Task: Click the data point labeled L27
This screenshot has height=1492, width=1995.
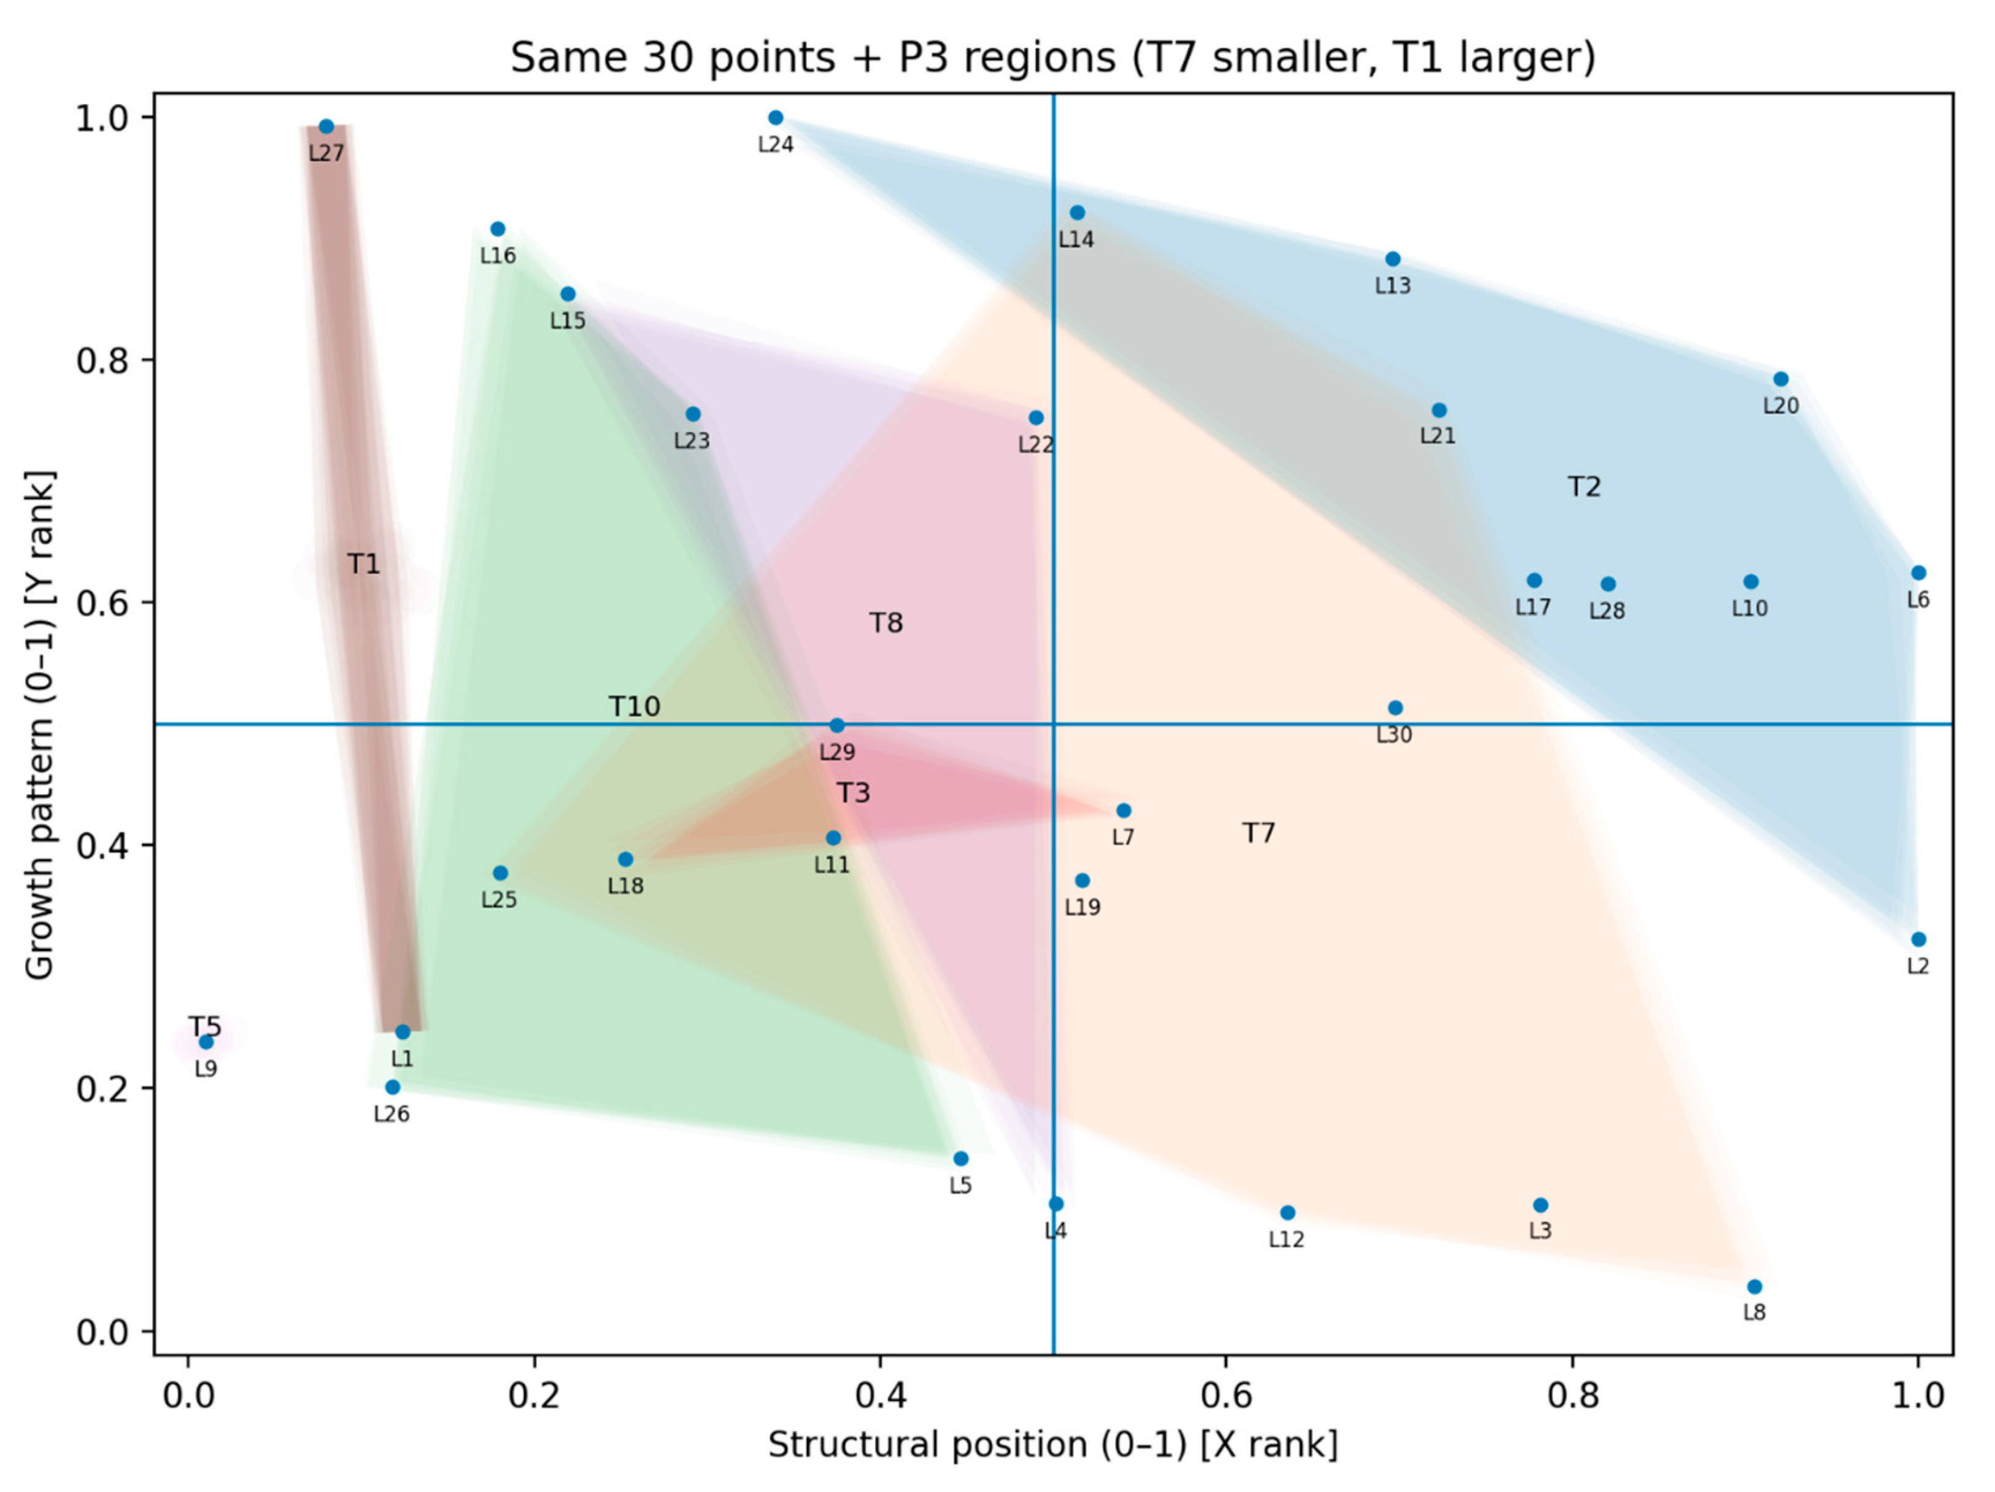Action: (x=326, y=126)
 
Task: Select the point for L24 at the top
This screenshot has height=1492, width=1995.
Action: (x=776, y=117)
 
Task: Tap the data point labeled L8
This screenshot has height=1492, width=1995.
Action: (x=1754, y=1286)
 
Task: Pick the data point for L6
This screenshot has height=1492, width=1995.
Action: (x=1918, y=573)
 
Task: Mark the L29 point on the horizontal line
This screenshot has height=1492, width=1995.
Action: (x=837, y=725)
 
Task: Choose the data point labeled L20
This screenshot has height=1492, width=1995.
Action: (x=1780, y=379)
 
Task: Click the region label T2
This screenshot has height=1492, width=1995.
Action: (x=1584, y=487)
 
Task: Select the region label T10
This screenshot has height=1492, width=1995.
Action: (x=634, y=706)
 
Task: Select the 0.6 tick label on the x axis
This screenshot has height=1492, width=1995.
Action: (x=1225, y=1396)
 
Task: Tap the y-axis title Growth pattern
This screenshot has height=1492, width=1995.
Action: (x=40, y=724)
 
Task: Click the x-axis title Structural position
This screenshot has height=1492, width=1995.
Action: (x=1052, y=1445)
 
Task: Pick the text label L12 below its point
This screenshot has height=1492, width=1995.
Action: (x=1286, y=1239)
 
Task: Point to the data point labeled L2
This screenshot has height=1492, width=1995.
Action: (x=1918, y=939)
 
